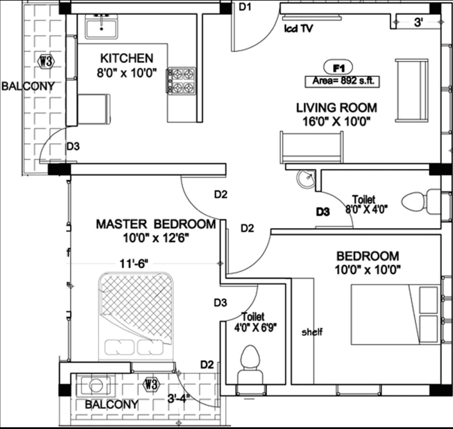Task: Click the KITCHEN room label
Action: coord(127,58)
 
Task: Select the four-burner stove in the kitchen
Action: coord(182,80)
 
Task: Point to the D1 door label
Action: coord(245,7)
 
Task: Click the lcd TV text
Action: coord(298,28)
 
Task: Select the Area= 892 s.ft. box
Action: coord(342,81)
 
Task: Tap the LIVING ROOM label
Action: coord(336,108)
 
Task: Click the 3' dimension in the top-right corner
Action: coord(419,23)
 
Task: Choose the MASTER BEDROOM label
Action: coord(156,224)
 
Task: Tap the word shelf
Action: coord(312,332)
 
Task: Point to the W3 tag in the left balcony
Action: coord(43,61)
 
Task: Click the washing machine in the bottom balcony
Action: coord(94,384)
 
